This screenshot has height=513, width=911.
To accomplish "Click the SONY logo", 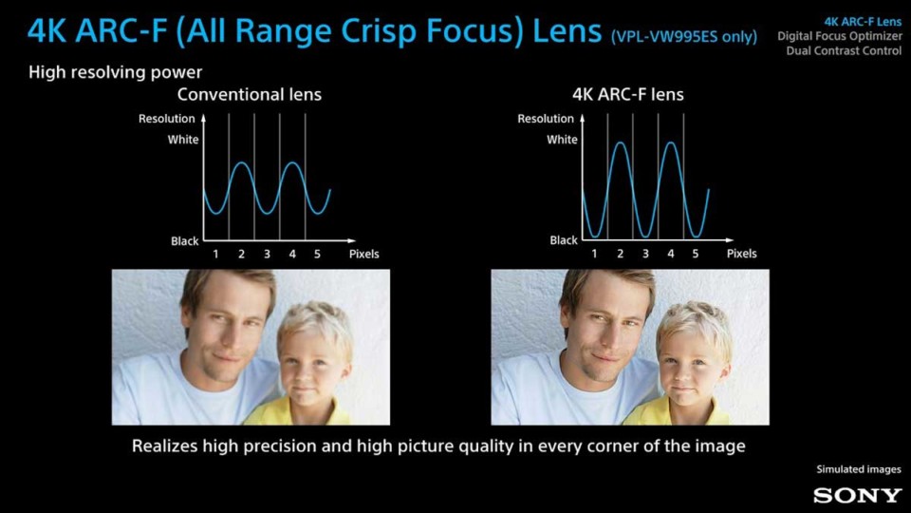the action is pyautogui.click(x=858, y=495).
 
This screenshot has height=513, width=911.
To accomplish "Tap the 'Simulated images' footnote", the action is pyautogui.click(x=859, y=469).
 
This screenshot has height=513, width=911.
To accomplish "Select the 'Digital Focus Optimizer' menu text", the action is pyautogui.click(x=840, y=36).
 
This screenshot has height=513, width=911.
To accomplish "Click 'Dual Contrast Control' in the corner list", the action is pyautogui.click(x=845, y=50).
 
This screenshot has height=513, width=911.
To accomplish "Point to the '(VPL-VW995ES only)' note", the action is pyautogui.click(x=684, y=37).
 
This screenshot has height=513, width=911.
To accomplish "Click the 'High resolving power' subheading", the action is pyautogui.click(x=116, y=72).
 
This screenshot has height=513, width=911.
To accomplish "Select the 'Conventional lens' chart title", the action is pyautogui.click(x=250, y=94).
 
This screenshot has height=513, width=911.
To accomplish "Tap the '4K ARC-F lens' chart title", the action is pyautogui.click(x=628, y=94).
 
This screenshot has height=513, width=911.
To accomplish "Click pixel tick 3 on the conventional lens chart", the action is pyautogui.click(x=267, y=255).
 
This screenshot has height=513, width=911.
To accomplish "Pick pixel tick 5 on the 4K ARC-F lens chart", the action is pyautogui.click(x=696, y=254).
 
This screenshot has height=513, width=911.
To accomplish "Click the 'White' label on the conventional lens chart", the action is pyautogui.click(x=183, y=140).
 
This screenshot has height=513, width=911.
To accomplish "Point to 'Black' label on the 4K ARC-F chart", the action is pyautogui.click(x=564, y=240).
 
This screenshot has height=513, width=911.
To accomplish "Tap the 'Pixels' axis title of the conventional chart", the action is pyautogui.click(x=363, y=255).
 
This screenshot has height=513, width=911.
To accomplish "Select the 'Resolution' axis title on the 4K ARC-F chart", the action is pyautogui.click(x=546, y=119).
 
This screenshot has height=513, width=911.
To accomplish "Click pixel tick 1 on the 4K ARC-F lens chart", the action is pyautogui.click(x=594, y=254).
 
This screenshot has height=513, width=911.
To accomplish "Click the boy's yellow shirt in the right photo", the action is pyautogui.click(x=677, y=411).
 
